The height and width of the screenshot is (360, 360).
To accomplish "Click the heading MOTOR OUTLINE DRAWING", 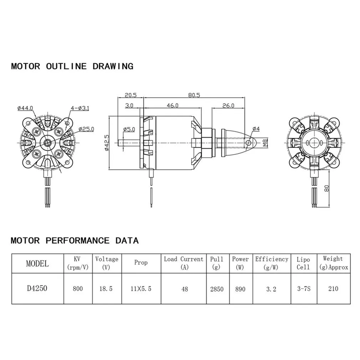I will coord(72,66).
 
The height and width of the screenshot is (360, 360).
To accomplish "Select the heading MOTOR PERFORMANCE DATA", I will coord(74,241).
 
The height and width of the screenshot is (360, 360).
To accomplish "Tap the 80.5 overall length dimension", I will coord(194,95).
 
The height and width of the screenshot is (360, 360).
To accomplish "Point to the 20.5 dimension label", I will coord(130,95).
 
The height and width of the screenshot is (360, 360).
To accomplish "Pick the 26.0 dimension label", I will coord(228,106).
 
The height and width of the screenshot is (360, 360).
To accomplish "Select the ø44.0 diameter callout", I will coord(25,108).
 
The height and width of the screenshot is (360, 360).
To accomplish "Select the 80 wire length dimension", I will coord(327,189).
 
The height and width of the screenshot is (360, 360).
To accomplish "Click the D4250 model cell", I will coord(37,288).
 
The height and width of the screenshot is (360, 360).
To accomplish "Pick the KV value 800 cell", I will coord(77,289).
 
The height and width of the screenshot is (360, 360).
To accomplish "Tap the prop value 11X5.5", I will coord(141,289).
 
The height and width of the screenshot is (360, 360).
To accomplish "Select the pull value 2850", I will coord(217,289).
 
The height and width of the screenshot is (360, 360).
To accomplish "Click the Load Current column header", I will coord(184,263).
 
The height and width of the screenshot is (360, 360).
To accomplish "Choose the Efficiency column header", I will coord(271,263).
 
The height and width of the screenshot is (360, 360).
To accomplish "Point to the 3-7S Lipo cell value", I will coord(303,289).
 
